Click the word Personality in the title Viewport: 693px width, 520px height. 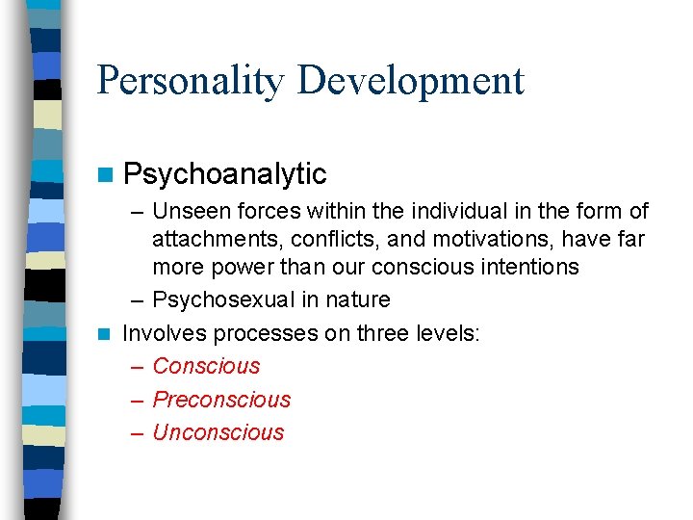(191, 80)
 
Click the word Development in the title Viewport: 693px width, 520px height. (411, 80)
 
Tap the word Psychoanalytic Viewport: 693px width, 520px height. (225, 173)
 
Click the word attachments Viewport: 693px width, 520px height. (214, 238)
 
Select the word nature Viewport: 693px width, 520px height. (357, 299)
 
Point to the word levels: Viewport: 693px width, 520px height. (456, 333)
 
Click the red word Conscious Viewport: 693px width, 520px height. (206, 366)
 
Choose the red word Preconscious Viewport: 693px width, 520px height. (221, 400)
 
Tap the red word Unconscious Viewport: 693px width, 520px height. (218, 432)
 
